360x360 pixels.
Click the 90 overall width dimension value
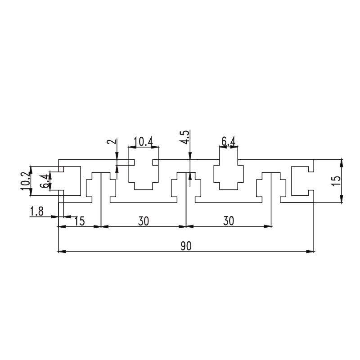(x=186, y=246)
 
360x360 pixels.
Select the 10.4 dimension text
(x=144, y=141)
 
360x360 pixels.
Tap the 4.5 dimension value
(x=186, y=137)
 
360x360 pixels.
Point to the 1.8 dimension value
(x=37, y=211)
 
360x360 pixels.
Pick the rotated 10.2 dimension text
(x=25, y=181)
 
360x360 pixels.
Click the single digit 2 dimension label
(x=112, y=141)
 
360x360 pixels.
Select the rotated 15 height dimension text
(x=337, y=181)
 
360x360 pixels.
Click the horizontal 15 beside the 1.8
(x=80, y=221)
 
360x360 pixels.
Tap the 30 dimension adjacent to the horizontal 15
(x=144, y=221)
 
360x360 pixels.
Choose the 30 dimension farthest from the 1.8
(x=229, y=221)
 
